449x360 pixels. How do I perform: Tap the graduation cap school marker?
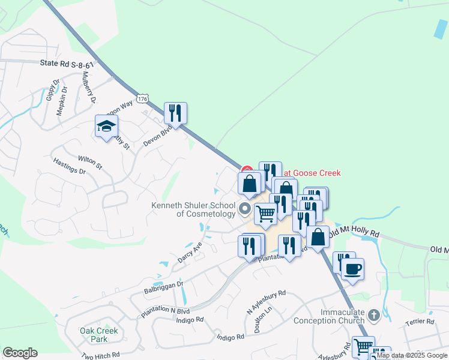106,127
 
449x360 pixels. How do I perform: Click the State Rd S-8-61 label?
67,63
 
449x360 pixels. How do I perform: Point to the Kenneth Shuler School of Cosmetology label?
193,209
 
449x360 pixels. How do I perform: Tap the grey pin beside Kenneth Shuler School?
244,209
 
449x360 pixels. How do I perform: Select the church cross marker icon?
373,315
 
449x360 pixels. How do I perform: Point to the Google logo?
20,353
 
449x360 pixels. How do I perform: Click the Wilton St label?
90,163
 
